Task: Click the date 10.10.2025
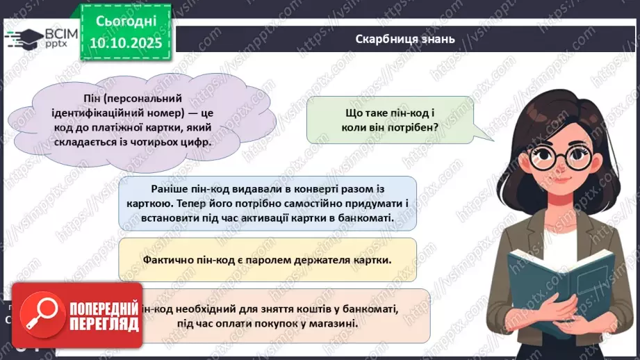point(125,42)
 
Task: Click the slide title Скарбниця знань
point(404,38)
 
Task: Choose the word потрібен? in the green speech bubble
point(413,126)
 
